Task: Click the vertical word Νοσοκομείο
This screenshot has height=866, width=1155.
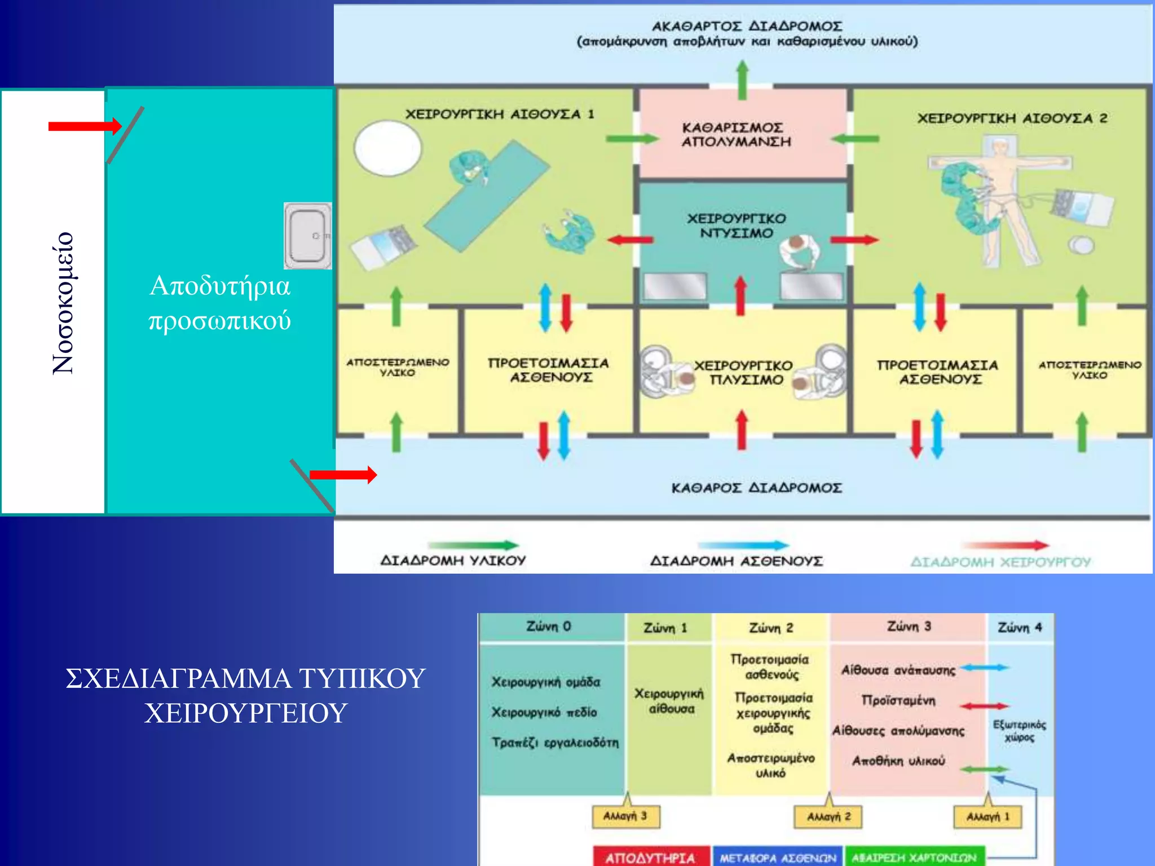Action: [63, 303]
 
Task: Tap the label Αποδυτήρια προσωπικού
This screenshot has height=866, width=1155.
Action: [220, 303]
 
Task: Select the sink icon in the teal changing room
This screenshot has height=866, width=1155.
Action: [307, 236]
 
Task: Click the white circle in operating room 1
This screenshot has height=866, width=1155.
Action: [387, 148]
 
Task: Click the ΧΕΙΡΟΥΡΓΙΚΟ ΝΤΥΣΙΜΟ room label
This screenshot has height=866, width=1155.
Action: [736, 226]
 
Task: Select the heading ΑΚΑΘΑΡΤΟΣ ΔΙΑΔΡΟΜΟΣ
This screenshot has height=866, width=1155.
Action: [747, 26]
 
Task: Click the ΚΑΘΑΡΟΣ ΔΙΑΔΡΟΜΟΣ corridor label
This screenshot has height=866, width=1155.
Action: [756, 488]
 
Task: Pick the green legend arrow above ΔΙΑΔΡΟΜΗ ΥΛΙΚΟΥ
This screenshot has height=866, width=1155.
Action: [473, 545]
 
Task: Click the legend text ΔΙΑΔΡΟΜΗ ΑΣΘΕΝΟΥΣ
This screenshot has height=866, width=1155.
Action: [736, 561]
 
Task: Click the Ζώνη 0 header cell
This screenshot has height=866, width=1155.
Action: [549, 626]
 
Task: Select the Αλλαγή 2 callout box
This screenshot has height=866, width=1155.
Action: [827, 816]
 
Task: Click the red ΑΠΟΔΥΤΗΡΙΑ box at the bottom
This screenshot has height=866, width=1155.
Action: [650, 857]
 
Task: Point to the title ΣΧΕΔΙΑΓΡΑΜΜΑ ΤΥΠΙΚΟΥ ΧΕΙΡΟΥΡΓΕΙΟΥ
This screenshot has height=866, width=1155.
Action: [245, 695]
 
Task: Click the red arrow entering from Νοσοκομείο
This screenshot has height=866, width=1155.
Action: [85, 126]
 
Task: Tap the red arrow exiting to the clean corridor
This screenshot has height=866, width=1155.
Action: [343, 475]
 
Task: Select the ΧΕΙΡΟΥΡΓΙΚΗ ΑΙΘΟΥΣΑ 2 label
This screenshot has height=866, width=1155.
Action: [1012, 118]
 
